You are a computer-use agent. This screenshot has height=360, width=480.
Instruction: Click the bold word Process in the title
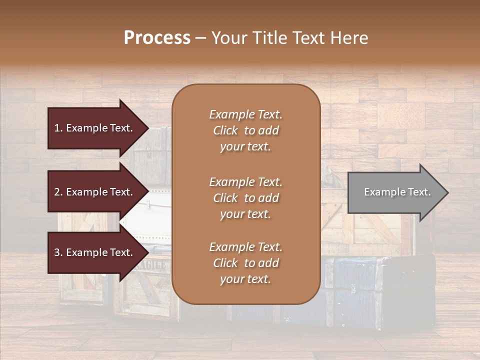[x=157, y=38]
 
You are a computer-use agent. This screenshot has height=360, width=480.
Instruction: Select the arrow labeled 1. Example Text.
[x=95, y=128]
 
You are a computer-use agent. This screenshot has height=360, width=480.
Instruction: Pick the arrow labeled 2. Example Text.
[x=95, y=192]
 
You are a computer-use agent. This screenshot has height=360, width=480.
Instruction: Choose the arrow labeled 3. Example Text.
[x=95, y=252]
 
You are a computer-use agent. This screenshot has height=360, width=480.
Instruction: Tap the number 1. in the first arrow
[x=58, y=128]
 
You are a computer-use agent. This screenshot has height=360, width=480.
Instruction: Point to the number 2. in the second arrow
[x=58, y=192]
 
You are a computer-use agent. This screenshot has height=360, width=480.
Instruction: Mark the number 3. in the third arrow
[x=58, y=253]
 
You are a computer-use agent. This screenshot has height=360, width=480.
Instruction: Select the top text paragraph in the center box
[x=245, y=130]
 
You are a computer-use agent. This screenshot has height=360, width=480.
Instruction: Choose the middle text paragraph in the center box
[x=245, y=198]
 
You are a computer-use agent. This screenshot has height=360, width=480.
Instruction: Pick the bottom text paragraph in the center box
[x=245, y=263]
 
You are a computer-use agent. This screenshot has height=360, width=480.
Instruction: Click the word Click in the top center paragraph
[x=225, y=130]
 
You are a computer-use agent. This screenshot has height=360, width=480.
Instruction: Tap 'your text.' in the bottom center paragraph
[x=245, y=279]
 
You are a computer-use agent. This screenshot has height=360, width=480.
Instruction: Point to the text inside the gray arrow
[x=397, y=192]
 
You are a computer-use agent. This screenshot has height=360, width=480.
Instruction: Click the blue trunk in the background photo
[x=360, y=295]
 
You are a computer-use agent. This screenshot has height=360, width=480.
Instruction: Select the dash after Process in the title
[x=201, y=38]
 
